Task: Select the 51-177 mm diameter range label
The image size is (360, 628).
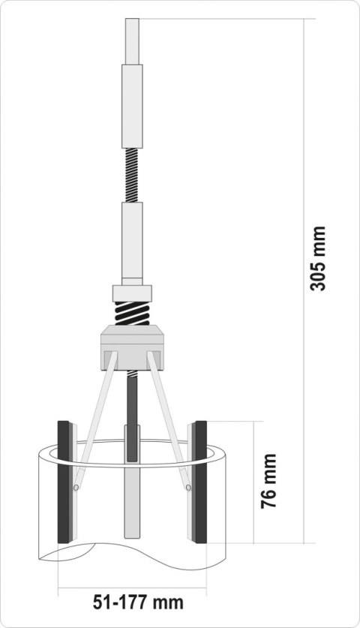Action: click(x=138, y=602)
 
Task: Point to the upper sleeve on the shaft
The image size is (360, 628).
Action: click(x=132, y=105)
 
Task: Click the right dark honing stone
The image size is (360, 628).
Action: click(x=201, y=482)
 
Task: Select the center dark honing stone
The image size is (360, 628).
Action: click(x=132, y=443)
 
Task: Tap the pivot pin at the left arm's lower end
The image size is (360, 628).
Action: click(x=76, y=487)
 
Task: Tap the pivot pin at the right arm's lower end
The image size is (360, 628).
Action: click(x=188, y=487)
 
